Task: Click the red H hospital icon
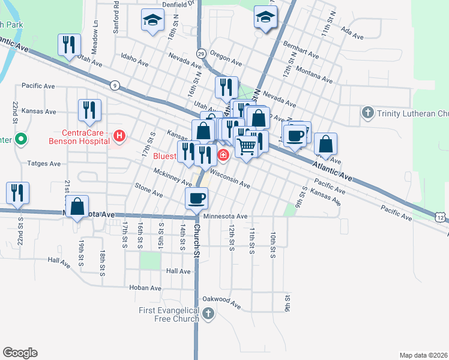119,137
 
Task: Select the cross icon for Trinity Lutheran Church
367,112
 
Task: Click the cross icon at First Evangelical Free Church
208,314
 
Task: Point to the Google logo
20,353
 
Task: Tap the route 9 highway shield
114,85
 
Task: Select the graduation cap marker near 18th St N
152,20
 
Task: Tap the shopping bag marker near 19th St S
77,206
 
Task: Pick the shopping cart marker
246,146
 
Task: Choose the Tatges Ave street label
44,163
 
